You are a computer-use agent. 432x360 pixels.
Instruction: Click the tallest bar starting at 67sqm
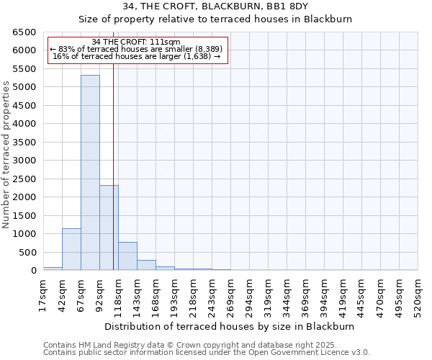click(x=90, y=173)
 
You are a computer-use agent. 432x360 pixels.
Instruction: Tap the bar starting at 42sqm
click(x=71, y=249)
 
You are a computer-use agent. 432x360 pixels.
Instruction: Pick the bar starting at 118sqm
click(x=127, y=256)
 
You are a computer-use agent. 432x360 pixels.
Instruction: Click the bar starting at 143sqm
click(x=146, y=265)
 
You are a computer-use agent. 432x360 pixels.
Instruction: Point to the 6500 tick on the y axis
click(x=24, y=32)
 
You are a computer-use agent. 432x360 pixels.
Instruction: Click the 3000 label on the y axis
click(x=24, y=161)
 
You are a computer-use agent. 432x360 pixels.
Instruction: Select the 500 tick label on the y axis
click(x=27, y=253)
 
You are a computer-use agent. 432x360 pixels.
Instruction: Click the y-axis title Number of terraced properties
click(x=6, y=155)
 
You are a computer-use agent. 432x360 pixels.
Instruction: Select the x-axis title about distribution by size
click(x=230, y=326)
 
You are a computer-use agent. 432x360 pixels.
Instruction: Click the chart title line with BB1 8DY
click(x=215, y=6)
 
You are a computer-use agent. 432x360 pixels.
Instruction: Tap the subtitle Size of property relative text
click(x=215, y=19)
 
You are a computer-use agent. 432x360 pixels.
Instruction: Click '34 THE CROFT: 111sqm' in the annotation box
click(x=137, y=42)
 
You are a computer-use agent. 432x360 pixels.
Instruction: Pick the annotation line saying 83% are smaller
click(x=137, y=49)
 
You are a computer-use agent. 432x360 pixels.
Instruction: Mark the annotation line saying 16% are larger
click(x=137, y=56)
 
